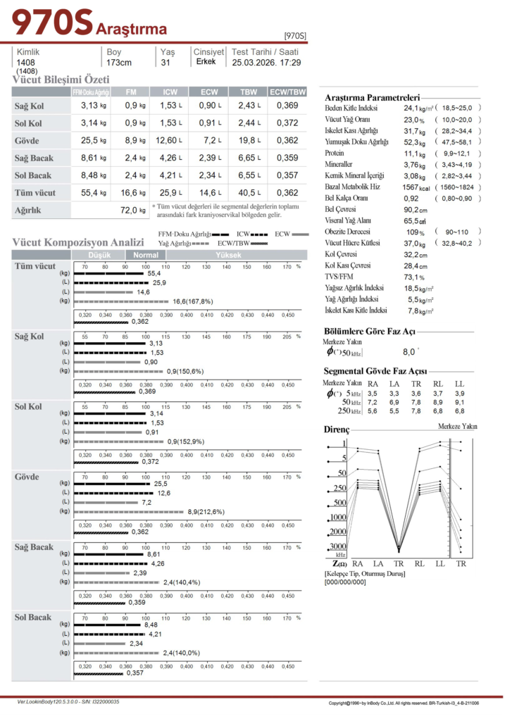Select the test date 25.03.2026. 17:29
click(x=266, y=63)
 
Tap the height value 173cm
click(x=119, y=63)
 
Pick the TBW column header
click(x=249, y=92)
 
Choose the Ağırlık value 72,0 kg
click(x=132, y=210)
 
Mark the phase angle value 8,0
click(x=408, y=351)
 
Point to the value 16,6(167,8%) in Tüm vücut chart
click(x=192, y=301)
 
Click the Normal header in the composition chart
click(x=146, y=255)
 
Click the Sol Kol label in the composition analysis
click(x=29, y=407)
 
